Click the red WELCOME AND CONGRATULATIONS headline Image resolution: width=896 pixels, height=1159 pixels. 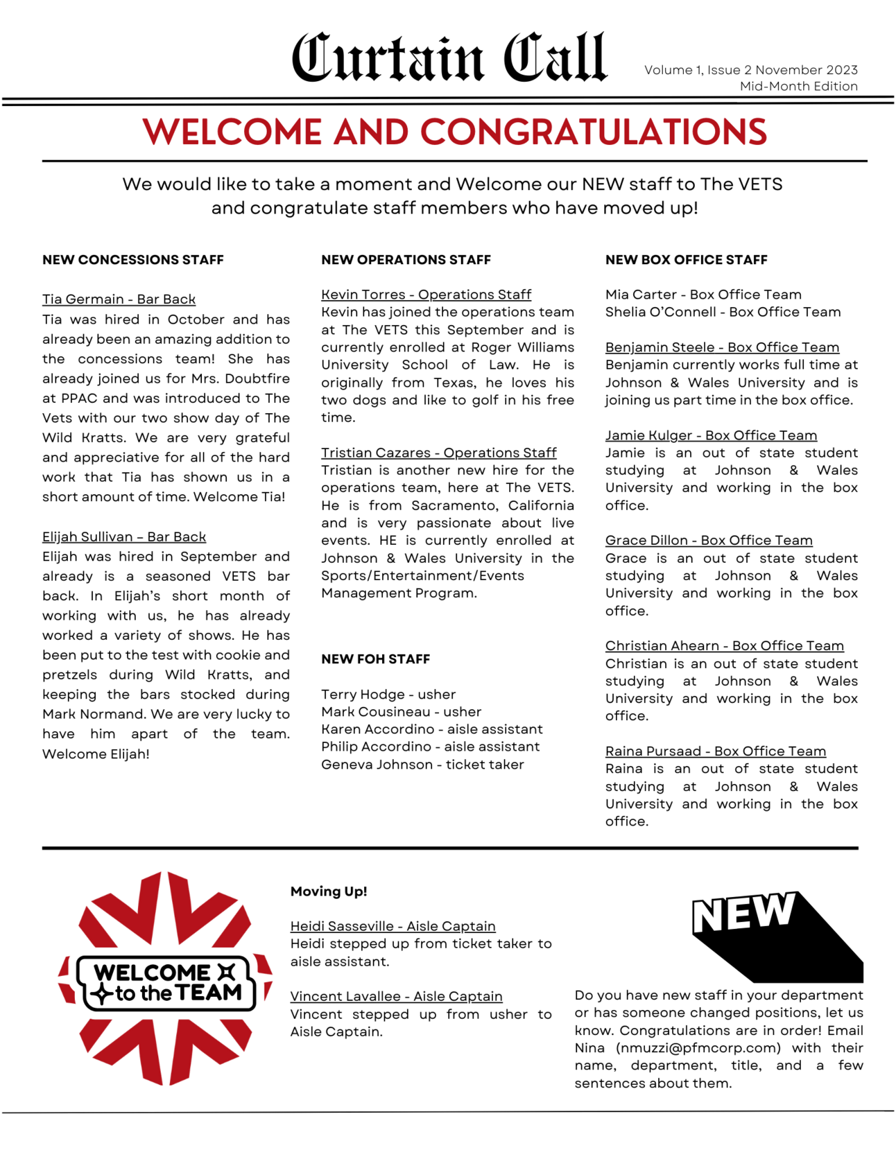[x=454, y=132]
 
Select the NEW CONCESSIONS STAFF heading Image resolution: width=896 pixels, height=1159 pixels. [x=133, y=260]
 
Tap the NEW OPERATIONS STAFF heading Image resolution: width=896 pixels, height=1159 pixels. [x=406, y=260]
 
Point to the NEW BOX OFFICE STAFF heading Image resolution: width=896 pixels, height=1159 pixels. [x=686, y=260]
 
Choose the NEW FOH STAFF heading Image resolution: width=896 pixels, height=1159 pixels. [x=375, y=659]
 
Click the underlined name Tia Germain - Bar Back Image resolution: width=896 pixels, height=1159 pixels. [x=119, y=299]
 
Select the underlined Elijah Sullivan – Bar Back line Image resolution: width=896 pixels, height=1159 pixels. [x=124, y=537]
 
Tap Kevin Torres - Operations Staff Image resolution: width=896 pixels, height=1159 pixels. [x=426, y=295]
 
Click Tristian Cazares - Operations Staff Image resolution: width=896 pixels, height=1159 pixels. [x=438, y=453]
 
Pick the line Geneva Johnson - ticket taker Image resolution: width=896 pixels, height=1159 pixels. [x=422, y=765]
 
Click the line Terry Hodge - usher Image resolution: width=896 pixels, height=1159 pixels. [x=388, y=695]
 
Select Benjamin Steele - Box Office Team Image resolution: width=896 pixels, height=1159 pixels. [x=722, y=347]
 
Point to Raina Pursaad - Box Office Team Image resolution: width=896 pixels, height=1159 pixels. [x=715, y=751]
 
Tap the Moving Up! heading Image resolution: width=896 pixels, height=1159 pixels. [x=329, y=891]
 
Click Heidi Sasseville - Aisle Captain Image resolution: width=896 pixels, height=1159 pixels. [x=393, y=926]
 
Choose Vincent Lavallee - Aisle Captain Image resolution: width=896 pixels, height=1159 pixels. [x=396, y=996]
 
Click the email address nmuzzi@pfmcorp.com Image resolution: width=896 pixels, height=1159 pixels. [x=698, y=1048]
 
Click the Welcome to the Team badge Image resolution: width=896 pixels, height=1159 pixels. [x=165, y=979]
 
